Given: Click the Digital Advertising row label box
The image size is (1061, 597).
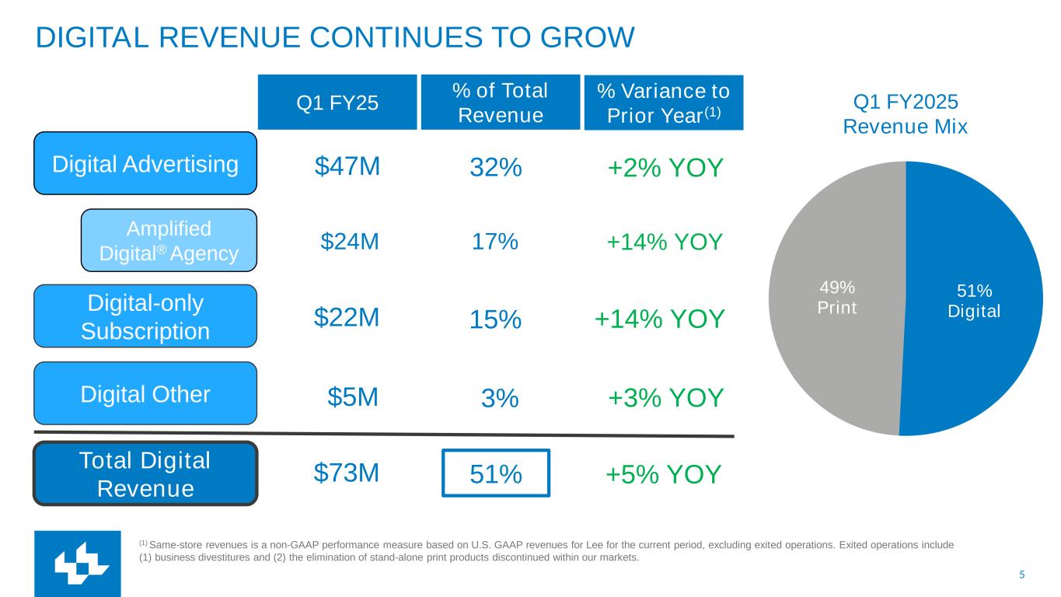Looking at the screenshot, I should (145, 163).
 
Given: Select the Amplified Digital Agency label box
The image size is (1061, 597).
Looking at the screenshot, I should (169, 240).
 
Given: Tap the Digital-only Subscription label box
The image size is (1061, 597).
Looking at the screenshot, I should (145, 316).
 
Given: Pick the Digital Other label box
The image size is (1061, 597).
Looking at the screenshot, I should (145, 394).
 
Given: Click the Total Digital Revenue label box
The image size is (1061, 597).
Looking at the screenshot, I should (145, 473).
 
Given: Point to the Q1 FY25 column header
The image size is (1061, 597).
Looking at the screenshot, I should (337, 102).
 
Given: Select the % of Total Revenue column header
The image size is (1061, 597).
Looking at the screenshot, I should (500, 102).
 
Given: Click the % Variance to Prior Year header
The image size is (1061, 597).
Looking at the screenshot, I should (663, 102).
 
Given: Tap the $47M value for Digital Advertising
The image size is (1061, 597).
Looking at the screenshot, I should (347, 166).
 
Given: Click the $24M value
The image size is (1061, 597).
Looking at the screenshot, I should (350, 242).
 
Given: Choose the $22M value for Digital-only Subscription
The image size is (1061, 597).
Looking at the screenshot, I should (347, 317).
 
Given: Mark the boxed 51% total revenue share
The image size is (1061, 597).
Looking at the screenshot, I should (496, 473).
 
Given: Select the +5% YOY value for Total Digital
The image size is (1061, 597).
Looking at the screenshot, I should (665, 473).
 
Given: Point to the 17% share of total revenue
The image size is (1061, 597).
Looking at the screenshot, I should (495, 242).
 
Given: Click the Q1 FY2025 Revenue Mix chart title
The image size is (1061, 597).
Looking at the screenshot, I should (906, 114).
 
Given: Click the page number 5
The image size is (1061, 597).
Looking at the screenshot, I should (1022, 574).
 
